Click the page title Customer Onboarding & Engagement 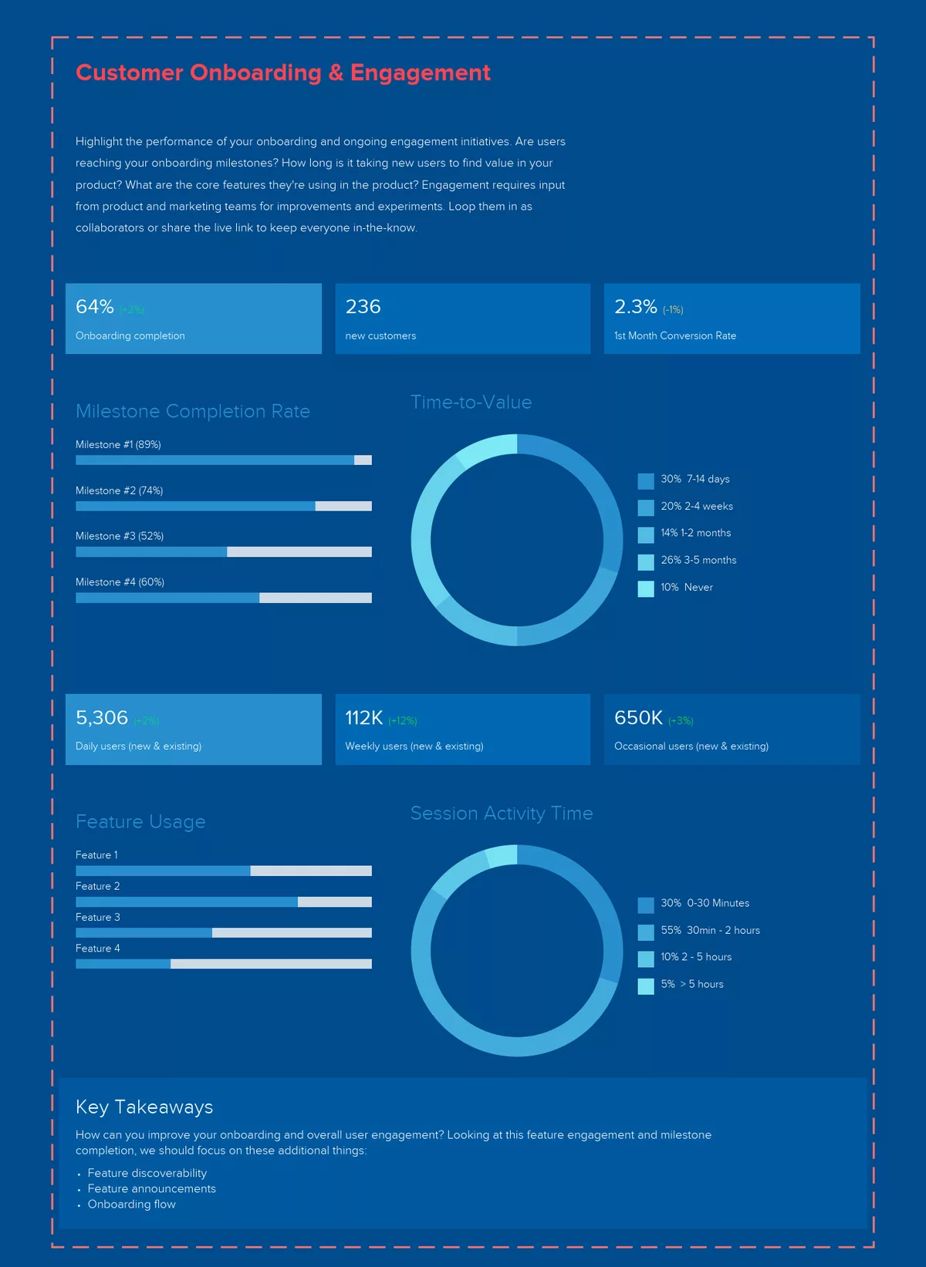pos(282,72)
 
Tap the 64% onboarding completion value pos(95,307)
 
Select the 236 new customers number pos(363,307)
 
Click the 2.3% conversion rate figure pos(635,307)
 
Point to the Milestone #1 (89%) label pos(118,445)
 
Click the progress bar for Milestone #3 pos(223,552)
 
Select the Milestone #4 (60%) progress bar pos(223,598)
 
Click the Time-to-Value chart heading pos(471,403)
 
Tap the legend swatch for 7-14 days pos(646,481)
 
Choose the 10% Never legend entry pos(686,588)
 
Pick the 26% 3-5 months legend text pos(698,561)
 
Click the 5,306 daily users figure pos(102,718)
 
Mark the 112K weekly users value pos(363,718)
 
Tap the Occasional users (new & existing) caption pos(691,746)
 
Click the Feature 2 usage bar pos(223,901)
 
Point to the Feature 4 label pos(98,949)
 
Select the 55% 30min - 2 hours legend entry pos(710,931)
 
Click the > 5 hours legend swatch pos(646,986)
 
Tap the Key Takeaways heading pos(144,1107)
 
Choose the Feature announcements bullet pos(151,1189)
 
